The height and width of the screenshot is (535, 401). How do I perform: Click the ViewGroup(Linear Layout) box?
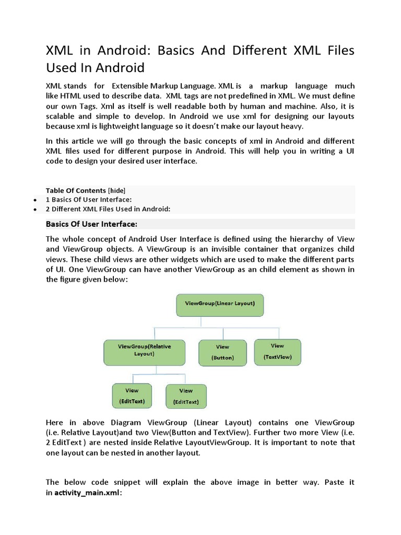pos(220,305)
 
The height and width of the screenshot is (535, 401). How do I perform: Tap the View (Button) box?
pos(222,353)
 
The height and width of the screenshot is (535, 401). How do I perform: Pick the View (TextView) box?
pos(277,352)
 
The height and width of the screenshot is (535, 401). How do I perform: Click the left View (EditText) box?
pos(132,396)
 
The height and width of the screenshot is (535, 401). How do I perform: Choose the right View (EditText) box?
pos(186,397)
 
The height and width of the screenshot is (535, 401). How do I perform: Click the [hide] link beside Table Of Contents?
pos(116,191)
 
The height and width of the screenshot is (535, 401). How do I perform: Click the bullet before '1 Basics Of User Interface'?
pos(34,200)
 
